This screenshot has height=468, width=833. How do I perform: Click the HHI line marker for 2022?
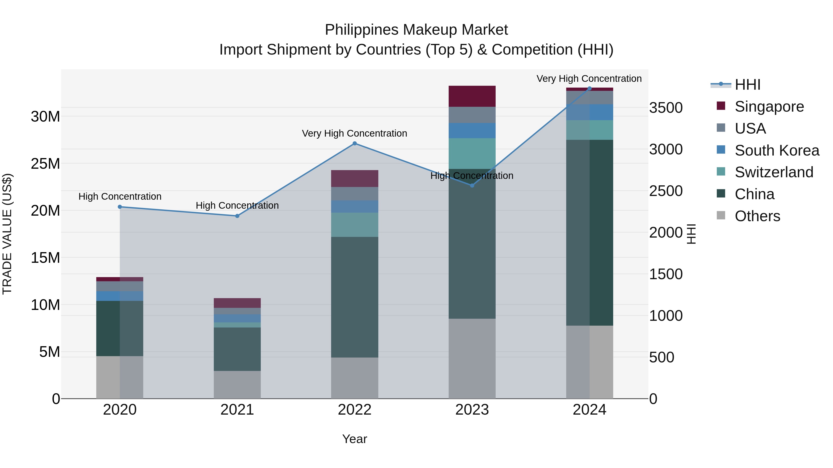tap(354, 143)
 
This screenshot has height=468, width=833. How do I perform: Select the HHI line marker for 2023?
tap(472, 185)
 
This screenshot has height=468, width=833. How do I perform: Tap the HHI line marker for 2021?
tap(237, 216)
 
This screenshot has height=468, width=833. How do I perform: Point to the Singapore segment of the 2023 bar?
tap(472, 96)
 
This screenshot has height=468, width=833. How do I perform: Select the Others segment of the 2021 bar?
tap(237, 384)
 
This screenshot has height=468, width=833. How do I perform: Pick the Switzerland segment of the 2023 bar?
tap(472, 153)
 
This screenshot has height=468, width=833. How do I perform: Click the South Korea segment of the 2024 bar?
tap(589, 112)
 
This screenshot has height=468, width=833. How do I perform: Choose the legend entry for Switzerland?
tap(774, 172)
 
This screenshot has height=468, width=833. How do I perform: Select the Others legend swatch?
tap(721, 215)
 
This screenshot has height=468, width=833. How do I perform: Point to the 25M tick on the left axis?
tap(45, 164)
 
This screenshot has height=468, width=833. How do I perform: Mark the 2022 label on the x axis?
tap(354, 410)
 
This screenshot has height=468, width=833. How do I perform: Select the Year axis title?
tap(354, 439)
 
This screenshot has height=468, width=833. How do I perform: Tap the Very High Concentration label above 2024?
tap(589, 79)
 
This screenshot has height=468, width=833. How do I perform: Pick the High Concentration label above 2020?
tap(120, 196)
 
